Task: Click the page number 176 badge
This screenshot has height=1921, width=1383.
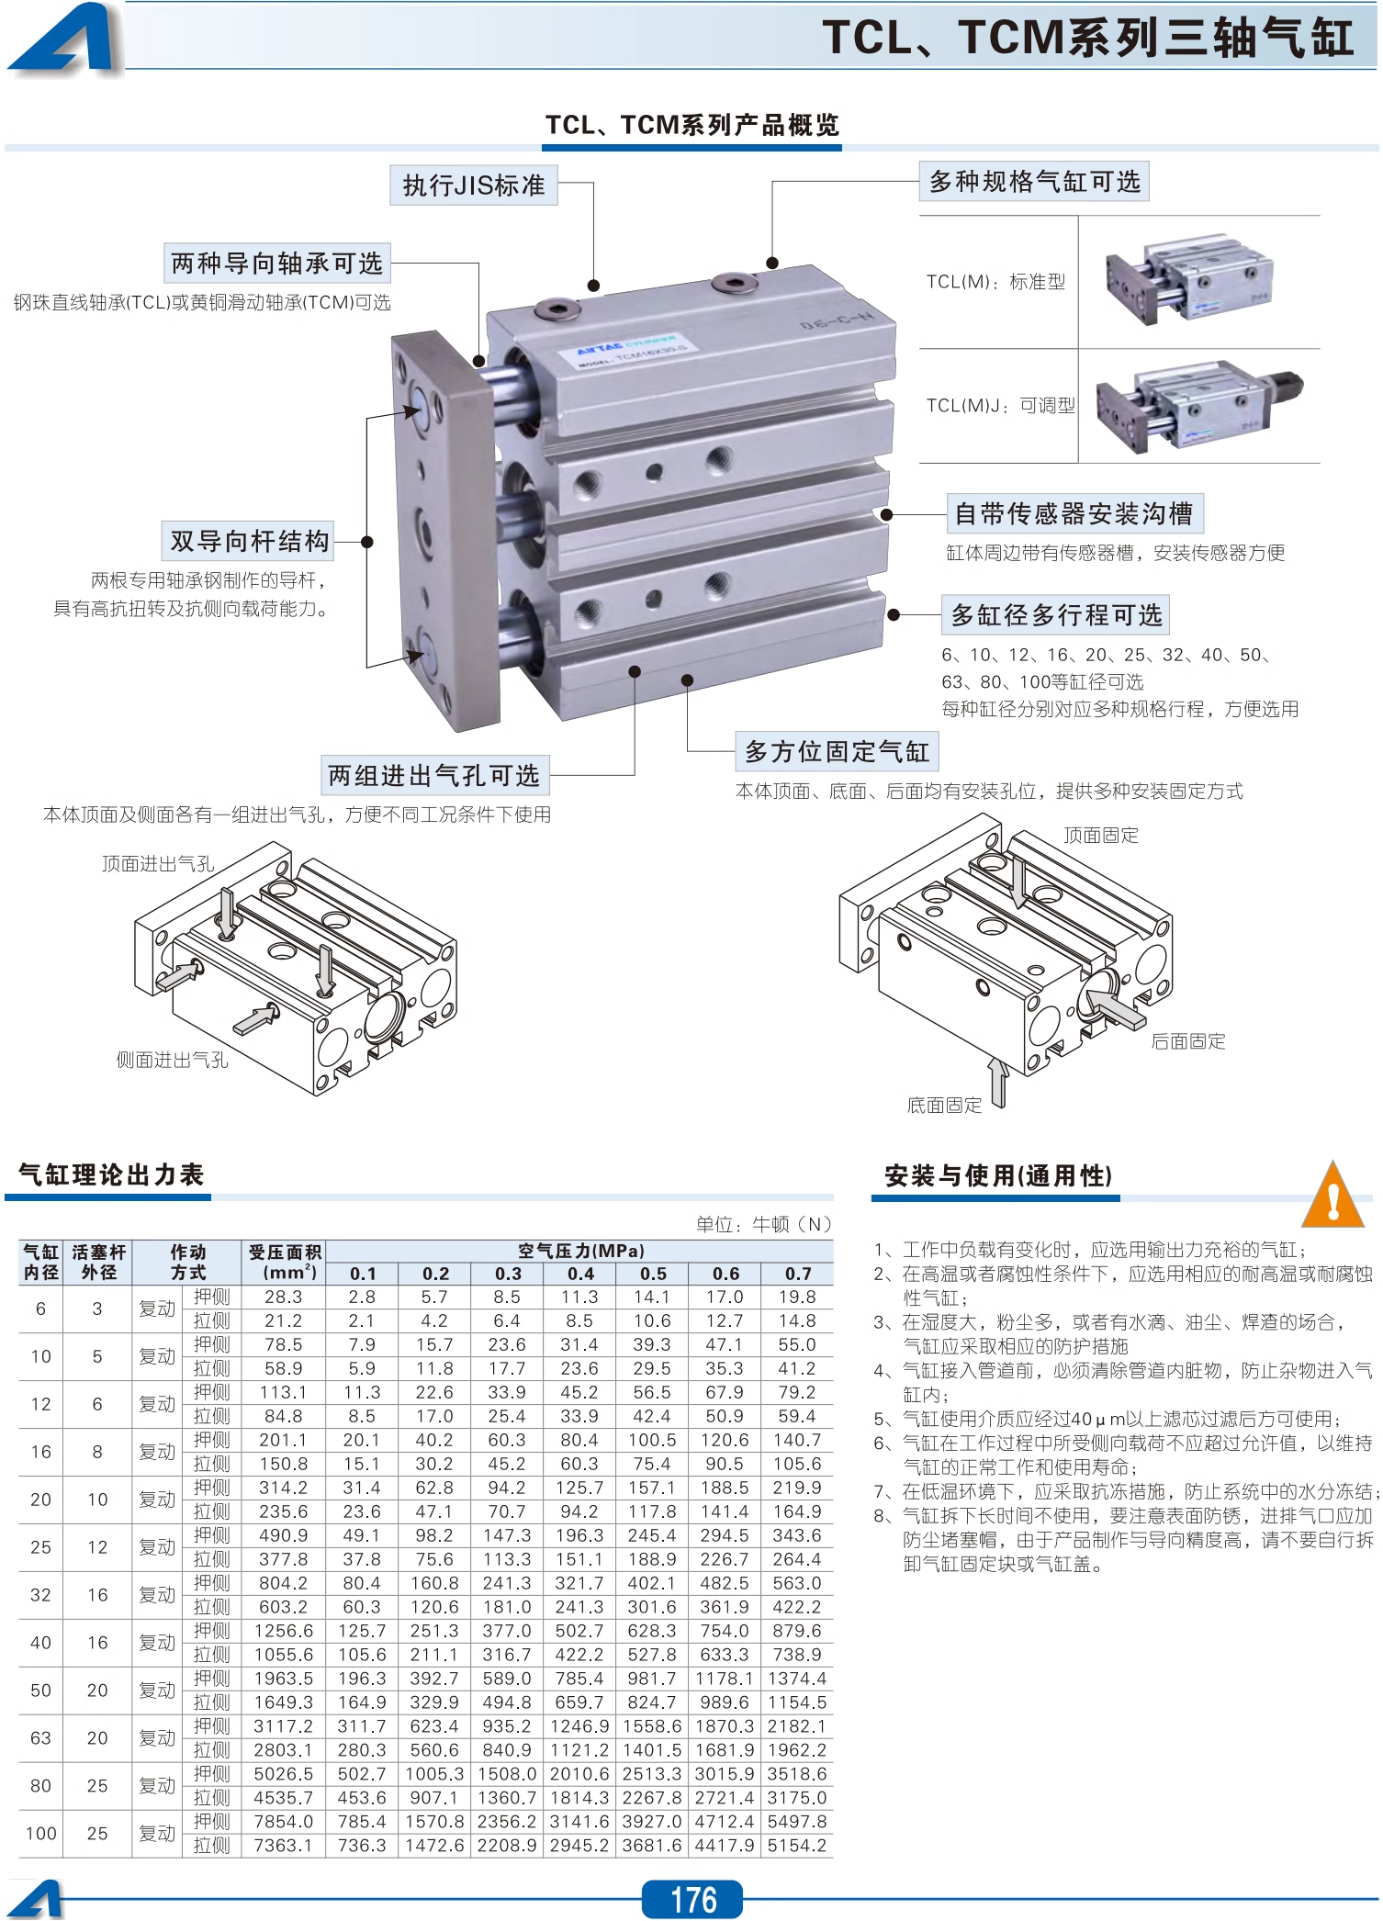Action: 692,1899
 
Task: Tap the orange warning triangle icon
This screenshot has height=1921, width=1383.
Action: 1332,1196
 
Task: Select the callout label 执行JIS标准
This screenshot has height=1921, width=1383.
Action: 474,185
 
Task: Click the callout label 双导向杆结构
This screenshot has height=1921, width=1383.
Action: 249,541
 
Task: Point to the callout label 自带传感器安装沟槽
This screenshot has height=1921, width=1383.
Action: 1074,513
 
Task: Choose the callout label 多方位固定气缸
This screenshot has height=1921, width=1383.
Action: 837,752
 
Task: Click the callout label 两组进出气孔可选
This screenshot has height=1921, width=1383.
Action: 434,776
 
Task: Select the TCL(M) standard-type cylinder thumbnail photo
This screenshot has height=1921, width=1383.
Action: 1190,280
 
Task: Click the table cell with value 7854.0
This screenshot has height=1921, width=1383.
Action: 283,1821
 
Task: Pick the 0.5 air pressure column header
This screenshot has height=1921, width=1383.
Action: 653,1274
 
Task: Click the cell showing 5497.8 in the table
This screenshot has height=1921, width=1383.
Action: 796,1821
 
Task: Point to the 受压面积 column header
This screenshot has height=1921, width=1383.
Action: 284,1262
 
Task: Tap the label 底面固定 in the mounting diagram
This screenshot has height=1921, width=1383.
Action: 944,1106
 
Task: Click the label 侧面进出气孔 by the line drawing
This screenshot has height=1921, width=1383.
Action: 172,1061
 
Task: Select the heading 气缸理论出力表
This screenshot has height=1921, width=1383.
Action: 111,1174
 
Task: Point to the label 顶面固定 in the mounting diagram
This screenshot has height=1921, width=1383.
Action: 1101,836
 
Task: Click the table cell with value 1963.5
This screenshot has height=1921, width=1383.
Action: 283,1678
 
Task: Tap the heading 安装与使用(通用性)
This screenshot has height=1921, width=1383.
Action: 998,1176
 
